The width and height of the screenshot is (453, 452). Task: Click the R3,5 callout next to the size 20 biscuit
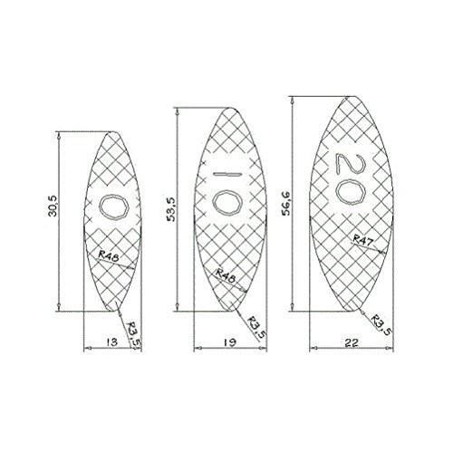(381, 322)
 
